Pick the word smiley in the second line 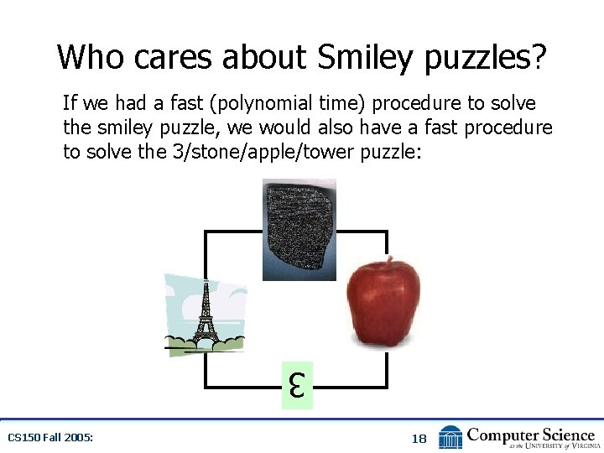115,128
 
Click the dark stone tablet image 299,228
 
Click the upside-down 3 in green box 297,386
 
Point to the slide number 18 419,439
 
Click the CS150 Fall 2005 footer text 49,438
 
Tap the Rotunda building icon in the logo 450,437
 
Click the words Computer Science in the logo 530,434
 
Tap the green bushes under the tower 205,341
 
